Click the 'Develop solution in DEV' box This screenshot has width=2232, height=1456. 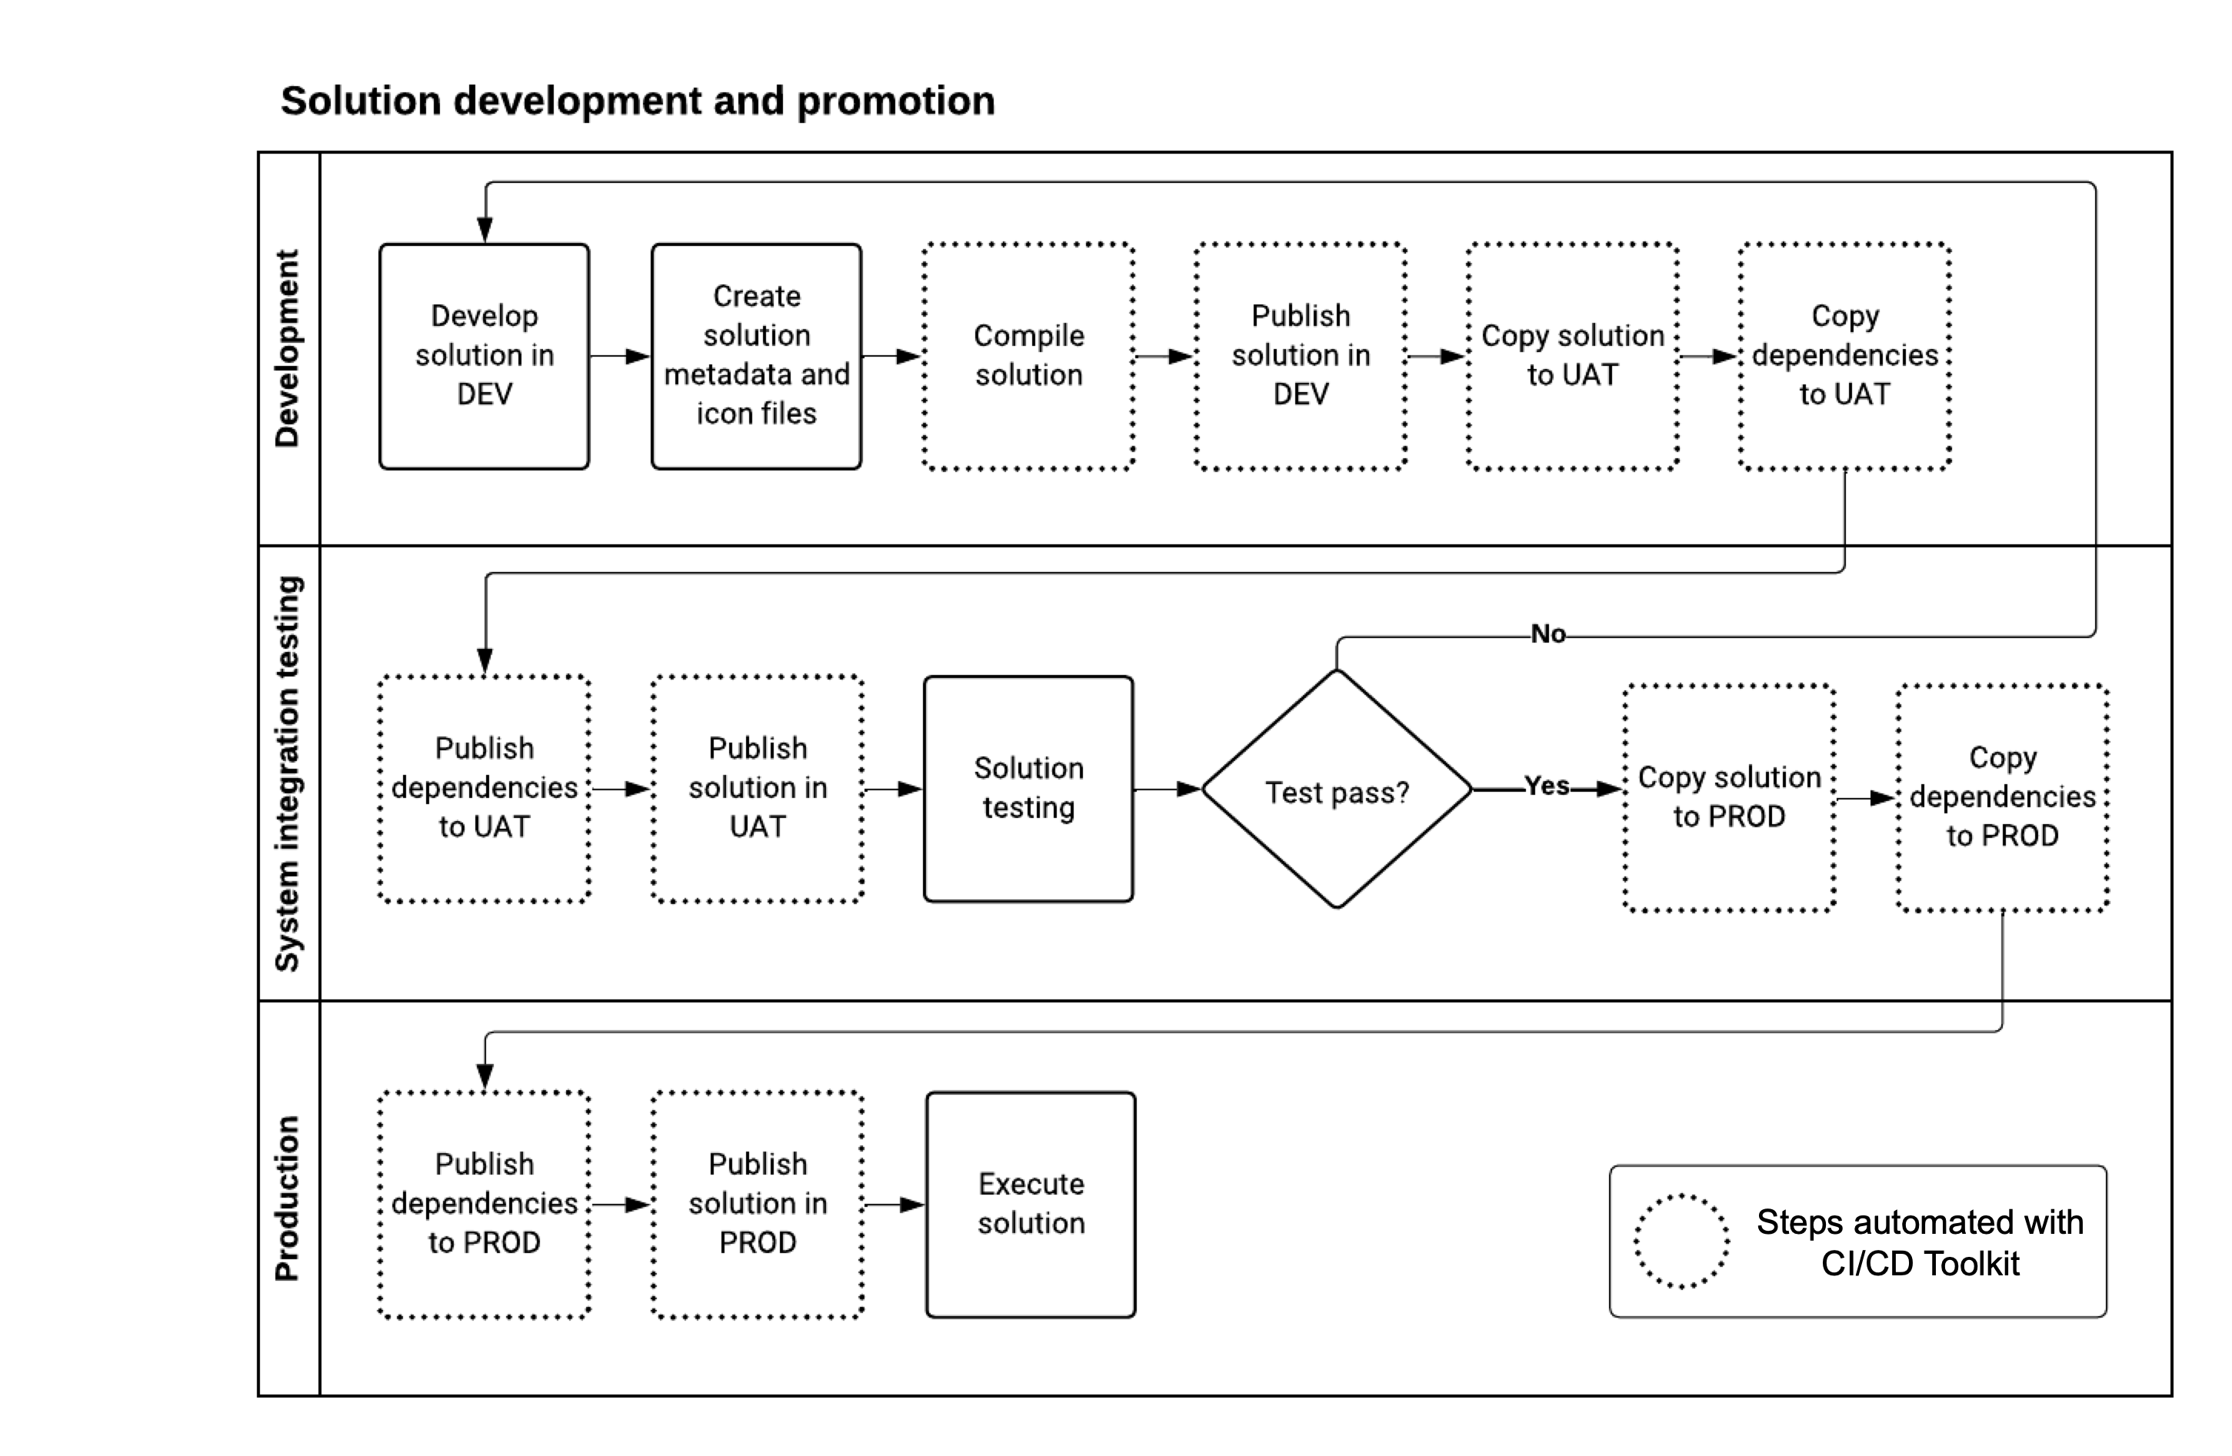(x=484, y=355)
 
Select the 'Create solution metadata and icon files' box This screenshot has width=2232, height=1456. (x=756, y=355)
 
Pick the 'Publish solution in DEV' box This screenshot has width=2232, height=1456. (x=1300, y=355)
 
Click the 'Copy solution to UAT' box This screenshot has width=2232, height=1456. (x=1572, y=355)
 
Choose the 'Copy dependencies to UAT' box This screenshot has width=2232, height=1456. (x=1844, y=355)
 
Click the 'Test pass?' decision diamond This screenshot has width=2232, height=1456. (x=1337, y=790)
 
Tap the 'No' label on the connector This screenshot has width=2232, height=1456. (x=1547, y=635)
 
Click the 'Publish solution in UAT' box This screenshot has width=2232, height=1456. (x=757, y=789)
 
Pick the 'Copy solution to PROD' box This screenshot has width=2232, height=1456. (x=1728, y=797)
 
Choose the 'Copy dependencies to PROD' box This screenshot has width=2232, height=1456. (x=2001, y=797)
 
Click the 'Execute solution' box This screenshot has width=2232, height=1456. (x=1030, y=1204)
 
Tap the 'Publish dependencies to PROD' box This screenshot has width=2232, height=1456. (x=484, y=1204)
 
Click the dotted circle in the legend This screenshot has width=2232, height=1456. (x=1681, y=1240)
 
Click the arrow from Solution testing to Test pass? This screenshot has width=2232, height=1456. (x=1167, y=789)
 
